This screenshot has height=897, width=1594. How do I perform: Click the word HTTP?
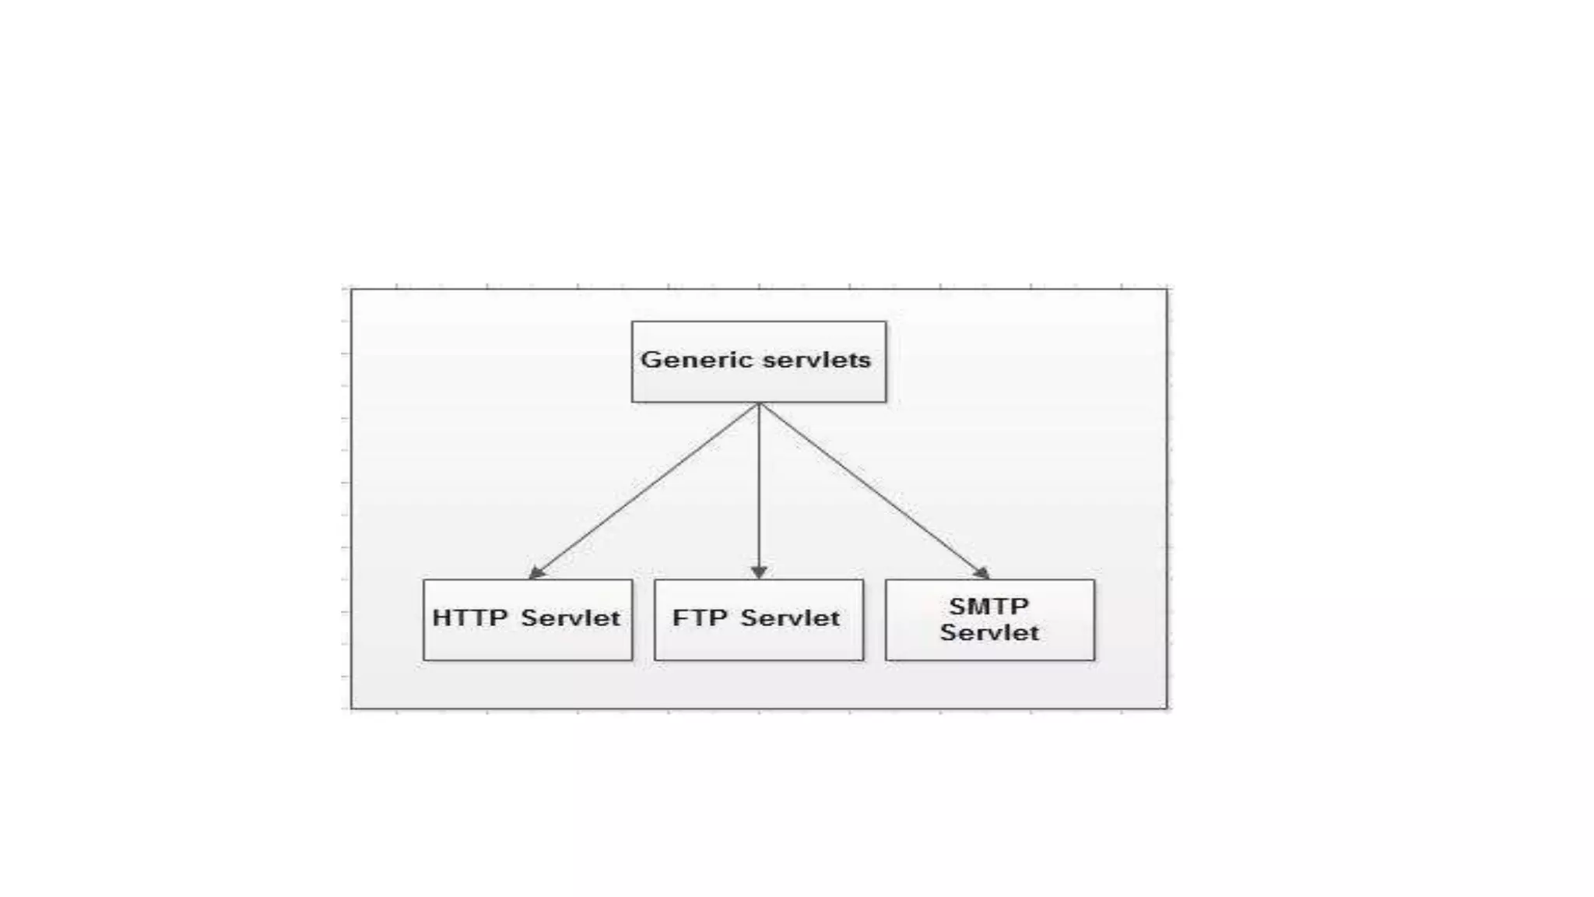point(469,618)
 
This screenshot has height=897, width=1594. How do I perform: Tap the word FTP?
point(700,618)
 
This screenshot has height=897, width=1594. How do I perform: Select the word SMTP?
point(988,606)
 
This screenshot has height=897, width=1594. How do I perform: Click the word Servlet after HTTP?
point(571,618)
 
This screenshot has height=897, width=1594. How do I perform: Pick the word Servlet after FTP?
point(790,618)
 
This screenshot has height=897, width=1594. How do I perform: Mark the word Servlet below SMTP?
point(988,632)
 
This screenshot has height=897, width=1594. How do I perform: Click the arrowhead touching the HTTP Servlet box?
point(536,573)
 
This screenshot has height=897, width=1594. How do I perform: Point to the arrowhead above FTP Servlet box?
point(759,572)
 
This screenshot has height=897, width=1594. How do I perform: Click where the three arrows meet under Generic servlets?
point(759,404)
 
